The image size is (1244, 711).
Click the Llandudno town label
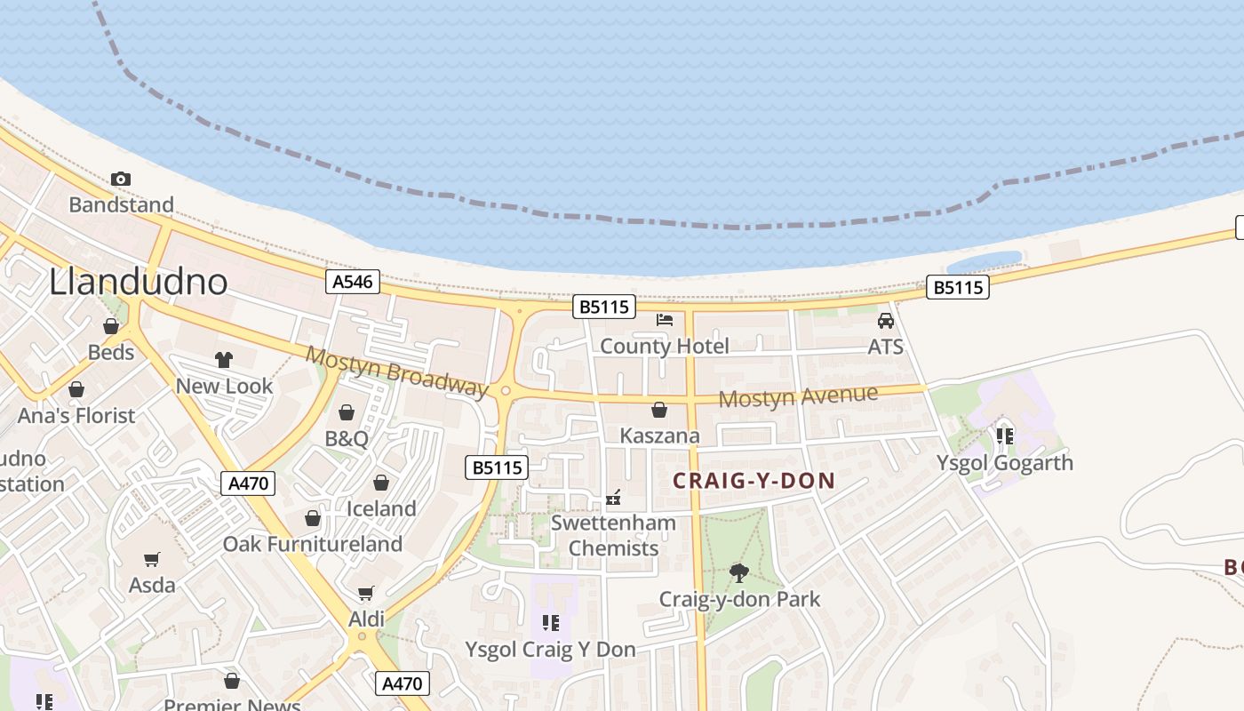tap(138, 282)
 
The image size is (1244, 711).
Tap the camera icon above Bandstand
tap(121, 179)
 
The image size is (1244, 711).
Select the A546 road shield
tap(353, 283)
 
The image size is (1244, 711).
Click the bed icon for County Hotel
tap(665, 320)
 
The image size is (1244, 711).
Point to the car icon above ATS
tap(886, 321)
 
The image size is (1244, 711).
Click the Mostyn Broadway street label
tap(396, 371)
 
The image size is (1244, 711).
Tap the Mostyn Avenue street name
tap(798, 396)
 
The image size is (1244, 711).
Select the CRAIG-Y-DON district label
tap(754, 481)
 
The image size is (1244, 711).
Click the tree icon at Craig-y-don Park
tap(738, 573)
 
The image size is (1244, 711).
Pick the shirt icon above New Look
tap(224, 360)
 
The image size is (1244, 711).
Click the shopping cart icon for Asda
tap(152, 559)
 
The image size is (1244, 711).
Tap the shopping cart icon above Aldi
tap(365, 593)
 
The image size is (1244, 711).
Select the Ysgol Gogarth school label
tap(1005, 463)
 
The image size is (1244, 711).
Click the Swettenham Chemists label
tap(613, 535)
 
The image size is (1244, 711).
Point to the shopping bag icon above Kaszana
tap(659, 410)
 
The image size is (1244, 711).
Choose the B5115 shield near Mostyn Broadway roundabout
tap(497, 467)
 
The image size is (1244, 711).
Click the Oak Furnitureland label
tap(312, 544)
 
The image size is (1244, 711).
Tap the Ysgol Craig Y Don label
tap(550, 650)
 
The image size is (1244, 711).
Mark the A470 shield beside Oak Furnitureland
tap(248, 483)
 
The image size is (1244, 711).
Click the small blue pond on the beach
tap(984, 262)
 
